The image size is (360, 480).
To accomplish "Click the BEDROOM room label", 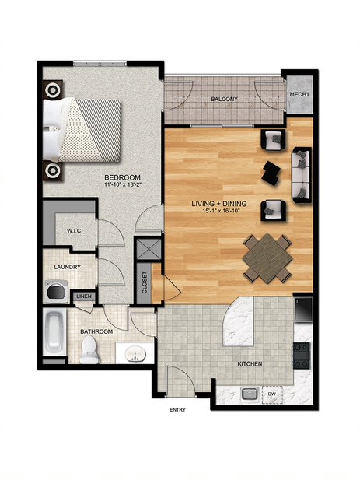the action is (x=122, y=177).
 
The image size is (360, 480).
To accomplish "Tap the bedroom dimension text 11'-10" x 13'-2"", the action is (x=123, y=184).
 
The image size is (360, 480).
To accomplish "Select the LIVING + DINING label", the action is (x=219, y=204).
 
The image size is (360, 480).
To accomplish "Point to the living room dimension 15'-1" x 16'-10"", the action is (x=220, y=211).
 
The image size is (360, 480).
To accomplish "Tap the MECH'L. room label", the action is (x=301, y=95).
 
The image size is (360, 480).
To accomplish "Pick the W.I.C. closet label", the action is (x=75, y=230).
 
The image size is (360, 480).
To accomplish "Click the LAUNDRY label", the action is (x=68, y=267).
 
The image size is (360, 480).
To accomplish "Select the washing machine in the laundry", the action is (x=57, y=291).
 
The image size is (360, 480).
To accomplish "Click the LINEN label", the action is (x=84, y=296).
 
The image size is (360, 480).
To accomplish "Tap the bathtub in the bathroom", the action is (x=54, y=331).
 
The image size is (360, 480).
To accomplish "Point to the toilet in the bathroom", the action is (x=89, y=350).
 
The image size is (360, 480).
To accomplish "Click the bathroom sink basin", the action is (x=135, y=353).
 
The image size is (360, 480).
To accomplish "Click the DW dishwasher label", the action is (x=272, y=394).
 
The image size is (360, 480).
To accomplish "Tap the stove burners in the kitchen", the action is (x=302, y=356).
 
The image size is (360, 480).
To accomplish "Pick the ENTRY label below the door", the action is (x=177, y=409).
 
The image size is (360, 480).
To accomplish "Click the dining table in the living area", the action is (x=267, y=259).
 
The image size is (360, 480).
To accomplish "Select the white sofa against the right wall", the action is (x=302, y=175).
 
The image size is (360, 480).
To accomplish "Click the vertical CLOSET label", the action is (x=145, y=282).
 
